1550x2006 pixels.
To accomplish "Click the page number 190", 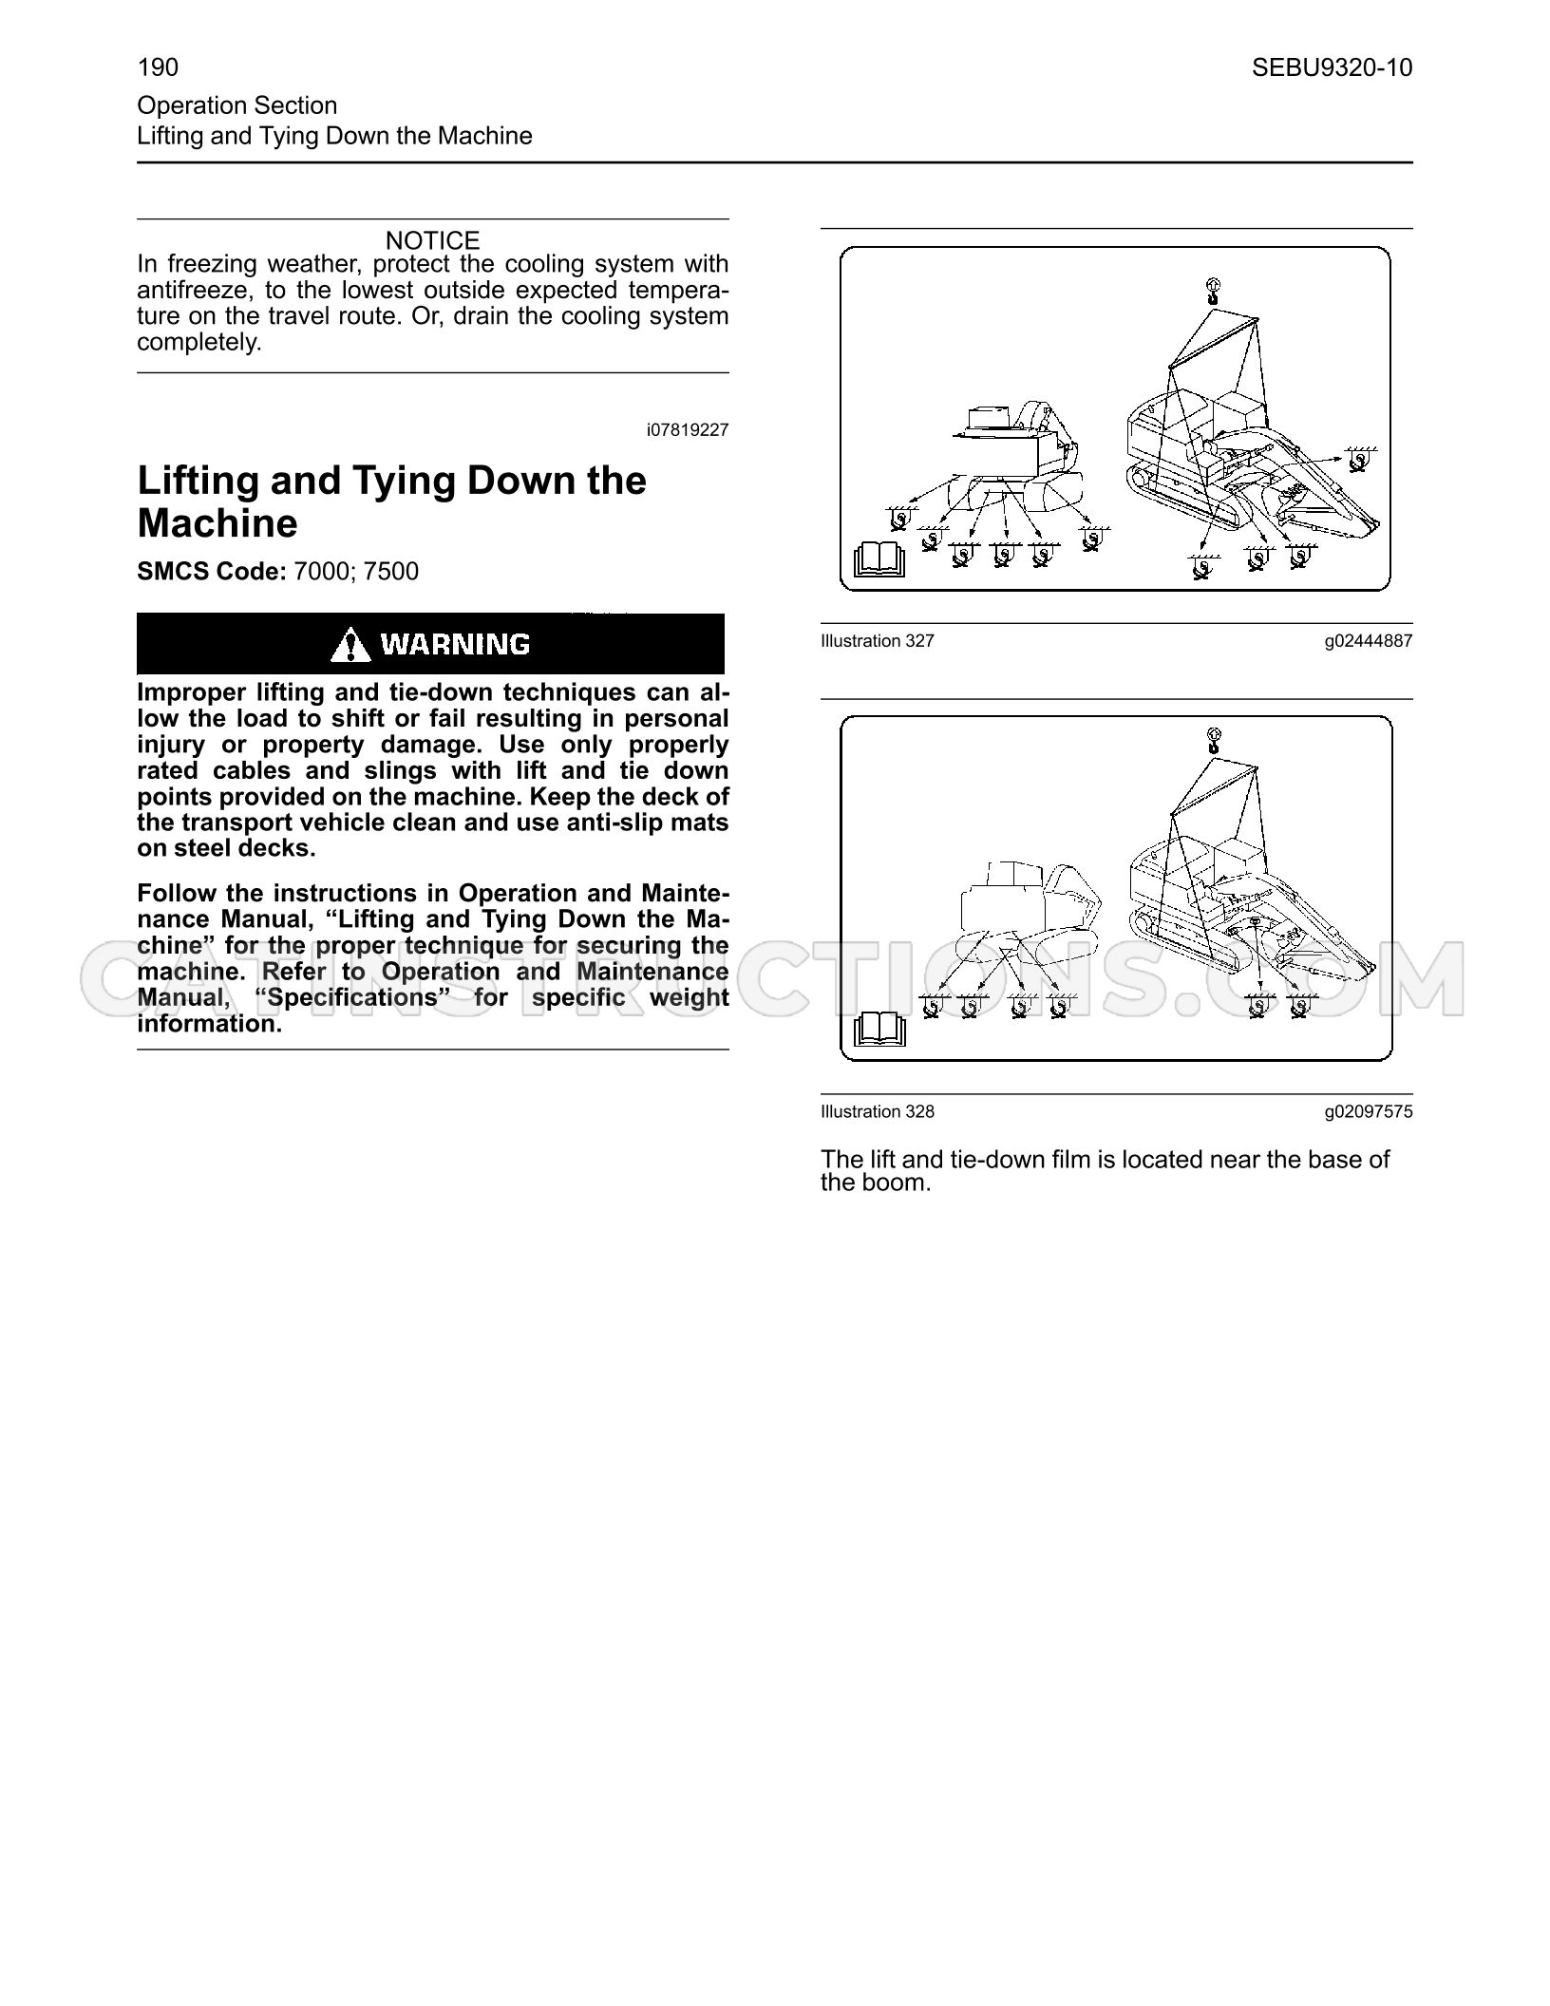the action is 158,67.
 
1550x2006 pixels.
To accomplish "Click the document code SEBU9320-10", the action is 1332,67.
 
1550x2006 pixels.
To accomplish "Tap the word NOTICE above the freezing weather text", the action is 432,240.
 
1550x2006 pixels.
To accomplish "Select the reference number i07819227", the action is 688,429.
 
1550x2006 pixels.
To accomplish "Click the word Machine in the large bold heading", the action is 217,523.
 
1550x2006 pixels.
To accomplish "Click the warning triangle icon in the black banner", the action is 350,645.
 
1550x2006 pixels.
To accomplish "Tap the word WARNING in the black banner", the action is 455,645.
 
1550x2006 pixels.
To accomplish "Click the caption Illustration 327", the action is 878,641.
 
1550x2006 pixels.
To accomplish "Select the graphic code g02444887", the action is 1369,642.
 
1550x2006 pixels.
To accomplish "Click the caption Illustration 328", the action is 878,1111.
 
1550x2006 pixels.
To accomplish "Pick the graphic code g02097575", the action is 1369,1112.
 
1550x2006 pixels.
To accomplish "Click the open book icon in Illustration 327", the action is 879,559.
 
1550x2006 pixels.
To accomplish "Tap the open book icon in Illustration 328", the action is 879,1029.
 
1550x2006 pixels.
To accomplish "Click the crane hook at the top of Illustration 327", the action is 1213,291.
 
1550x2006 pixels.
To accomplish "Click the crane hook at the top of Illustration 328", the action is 1213,740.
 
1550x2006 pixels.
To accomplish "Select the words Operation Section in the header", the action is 237,105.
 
